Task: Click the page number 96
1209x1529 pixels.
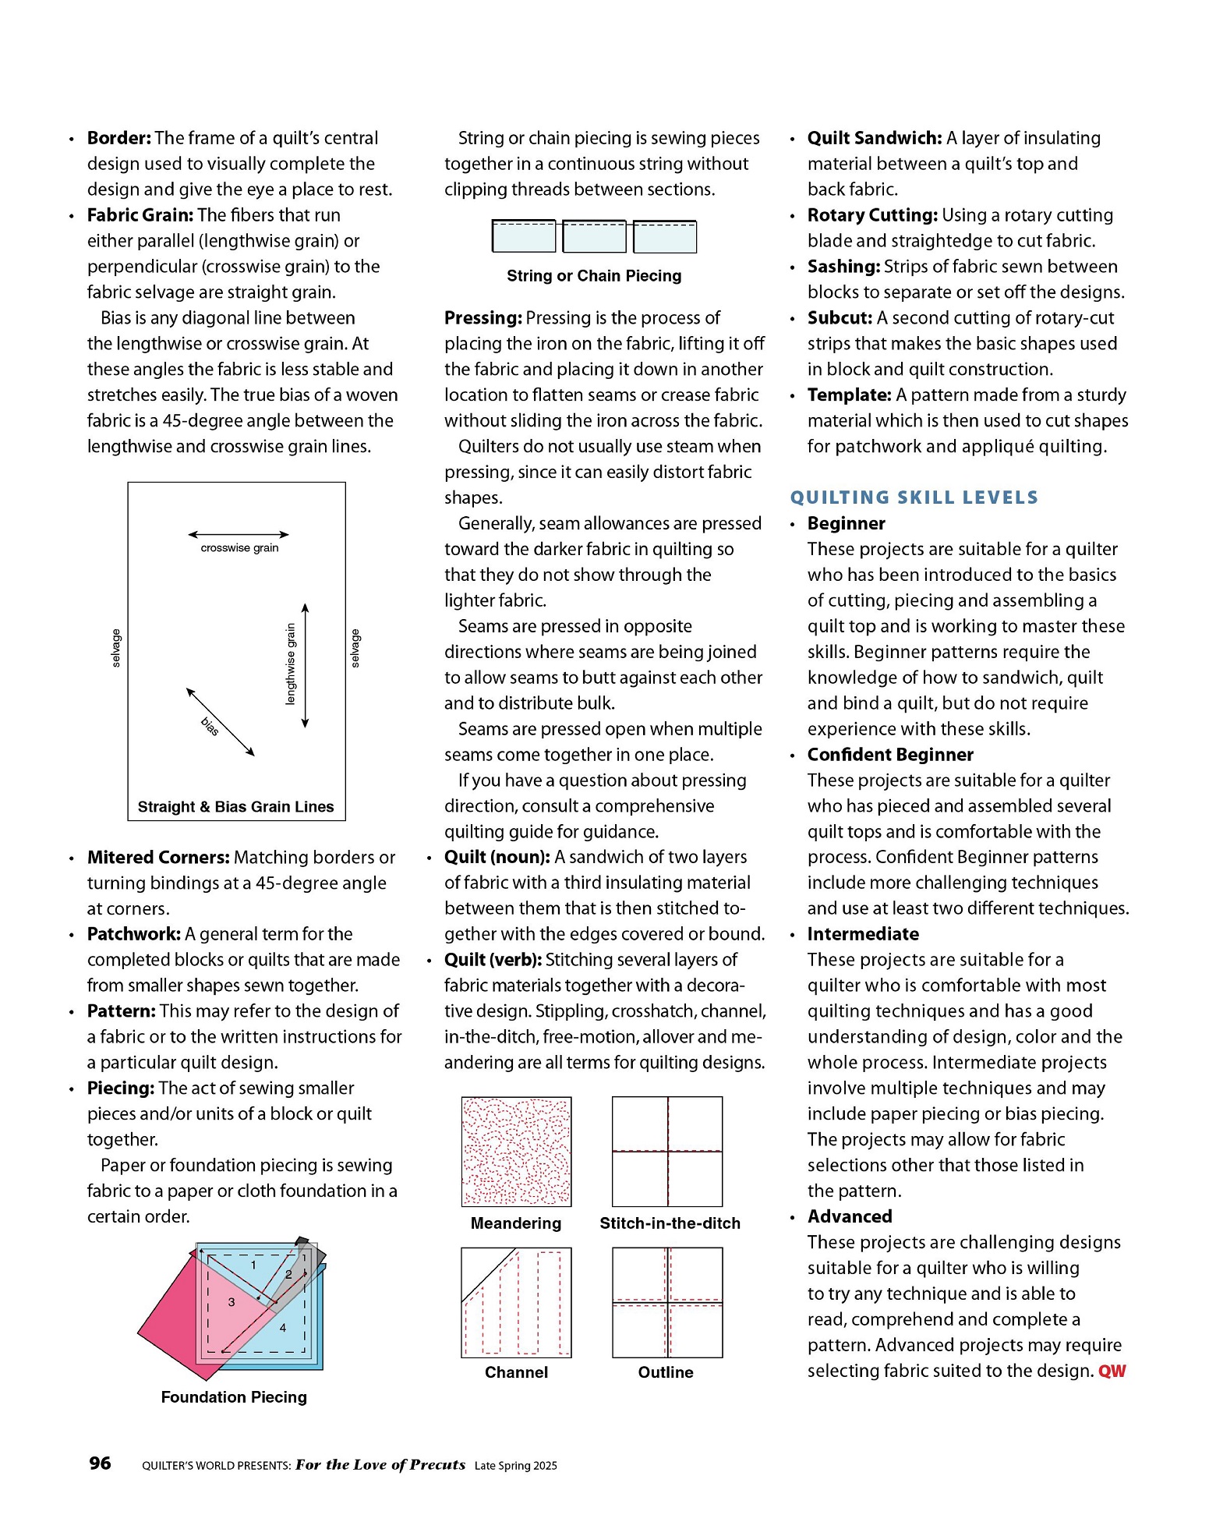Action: click(100, 1463)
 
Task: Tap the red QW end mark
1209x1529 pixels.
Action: click(1112, 1371)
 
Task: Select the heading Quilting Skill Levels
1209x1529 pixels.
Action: click(914, 497)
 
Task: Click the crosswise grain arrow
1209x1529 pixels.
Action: click(239, 535)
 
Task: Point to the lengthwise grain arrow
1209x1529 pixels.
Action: click(306, 665)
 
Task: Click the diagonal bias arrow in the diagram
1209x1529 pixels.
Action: click(221, 722)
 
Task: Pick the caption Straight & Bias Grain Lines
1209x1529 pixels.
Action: click(235, 806)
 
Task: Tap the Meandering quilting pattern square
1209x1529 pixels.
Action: click(516, 1151)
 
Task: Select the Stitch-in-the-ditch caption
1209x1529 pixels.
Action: click(670, 1223)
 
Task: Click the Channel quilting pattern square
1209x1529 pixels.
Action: click(516, 1302)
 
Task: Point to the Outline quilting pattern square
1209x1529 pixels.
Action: click(667, 1302)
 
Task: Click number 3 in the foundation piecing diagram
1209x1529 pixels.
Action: click(232, 1301)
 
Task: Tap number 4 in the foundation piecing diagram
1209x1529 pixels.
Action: click(283, 1327)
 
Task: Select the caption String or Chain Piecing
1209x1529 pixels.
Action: click(594, 275)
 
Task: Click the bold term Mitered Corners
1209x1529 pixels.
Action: click(158, 857)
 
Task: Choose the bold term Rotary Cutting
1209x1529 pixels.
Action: click(872, 215)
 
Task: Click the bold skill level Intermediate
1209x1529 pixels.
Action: click(863, 934)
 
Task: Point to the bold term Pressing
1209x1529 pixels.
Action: click(483, 318)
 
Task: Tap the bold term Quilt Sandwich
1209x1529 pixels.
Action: click(875, 138)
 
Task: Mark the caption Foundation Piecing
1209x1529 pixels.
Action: click(234, 1396)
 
